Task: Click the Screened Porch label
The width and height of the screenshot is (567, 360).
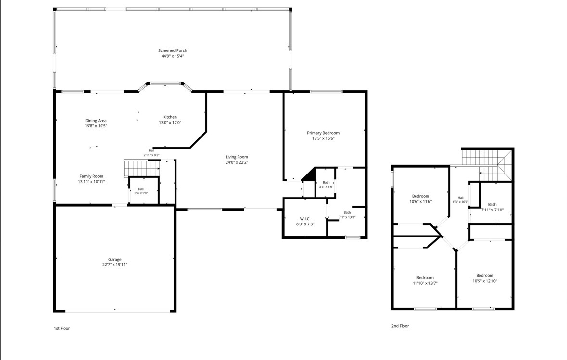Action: click(x=173, y=50)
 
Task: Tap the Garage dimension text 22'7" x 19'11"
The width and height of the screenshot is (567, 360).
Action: click(x=114, y=264)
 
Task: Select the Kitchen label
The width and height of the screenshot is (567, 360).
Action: click(x=170, y=117)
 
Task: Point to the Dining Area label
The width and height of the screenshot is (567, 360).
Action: click(x=96, y=121)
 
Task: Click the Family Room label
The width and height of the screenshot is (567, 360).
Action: click(x=91, y=176)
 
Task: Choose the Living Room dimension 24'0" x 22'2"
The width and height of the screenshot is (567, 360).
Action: click(x=237, y=162)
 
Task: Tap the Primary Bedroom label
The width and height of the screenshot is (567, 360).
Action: click(x=323, y=133)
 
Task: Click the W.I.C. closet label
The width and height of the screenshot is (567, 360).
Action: click(x=305, y=219)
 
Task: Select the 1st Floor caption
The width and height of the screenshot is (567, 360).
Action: click(x=62, y=328)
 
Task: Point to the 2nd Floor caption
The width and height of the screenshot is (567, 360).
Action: click(x=400, y=326)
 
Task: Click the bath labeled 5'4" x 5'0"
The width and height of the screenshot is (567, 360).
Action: click(x=141, y=191)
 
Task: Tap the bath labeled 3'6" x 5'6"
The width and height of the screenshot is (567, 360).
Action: click(x=326, y=185)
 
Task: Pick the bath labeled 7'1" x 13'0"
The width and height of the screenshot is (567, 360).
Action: click(x=347, y=215)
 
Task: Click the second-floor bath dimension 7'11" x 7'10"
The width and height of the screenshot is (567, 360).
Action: click(x=492, y=210)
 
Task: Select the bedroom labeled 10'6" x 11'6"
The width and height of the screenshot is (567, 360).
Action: click(x=420, y=199)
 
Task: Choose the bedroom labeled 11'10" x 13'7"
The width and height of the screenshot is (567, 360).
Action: click(x=425, y=281)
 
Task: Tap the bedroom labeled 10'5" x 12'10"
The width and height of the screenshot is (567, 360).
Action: click(x=485, y=278)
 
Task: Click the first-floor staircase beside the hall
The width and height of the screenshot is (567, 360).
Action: click(x=141, y=168)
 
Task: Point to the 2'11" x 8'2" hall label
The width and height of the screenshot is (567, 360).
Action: click(x=151, y=153)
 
